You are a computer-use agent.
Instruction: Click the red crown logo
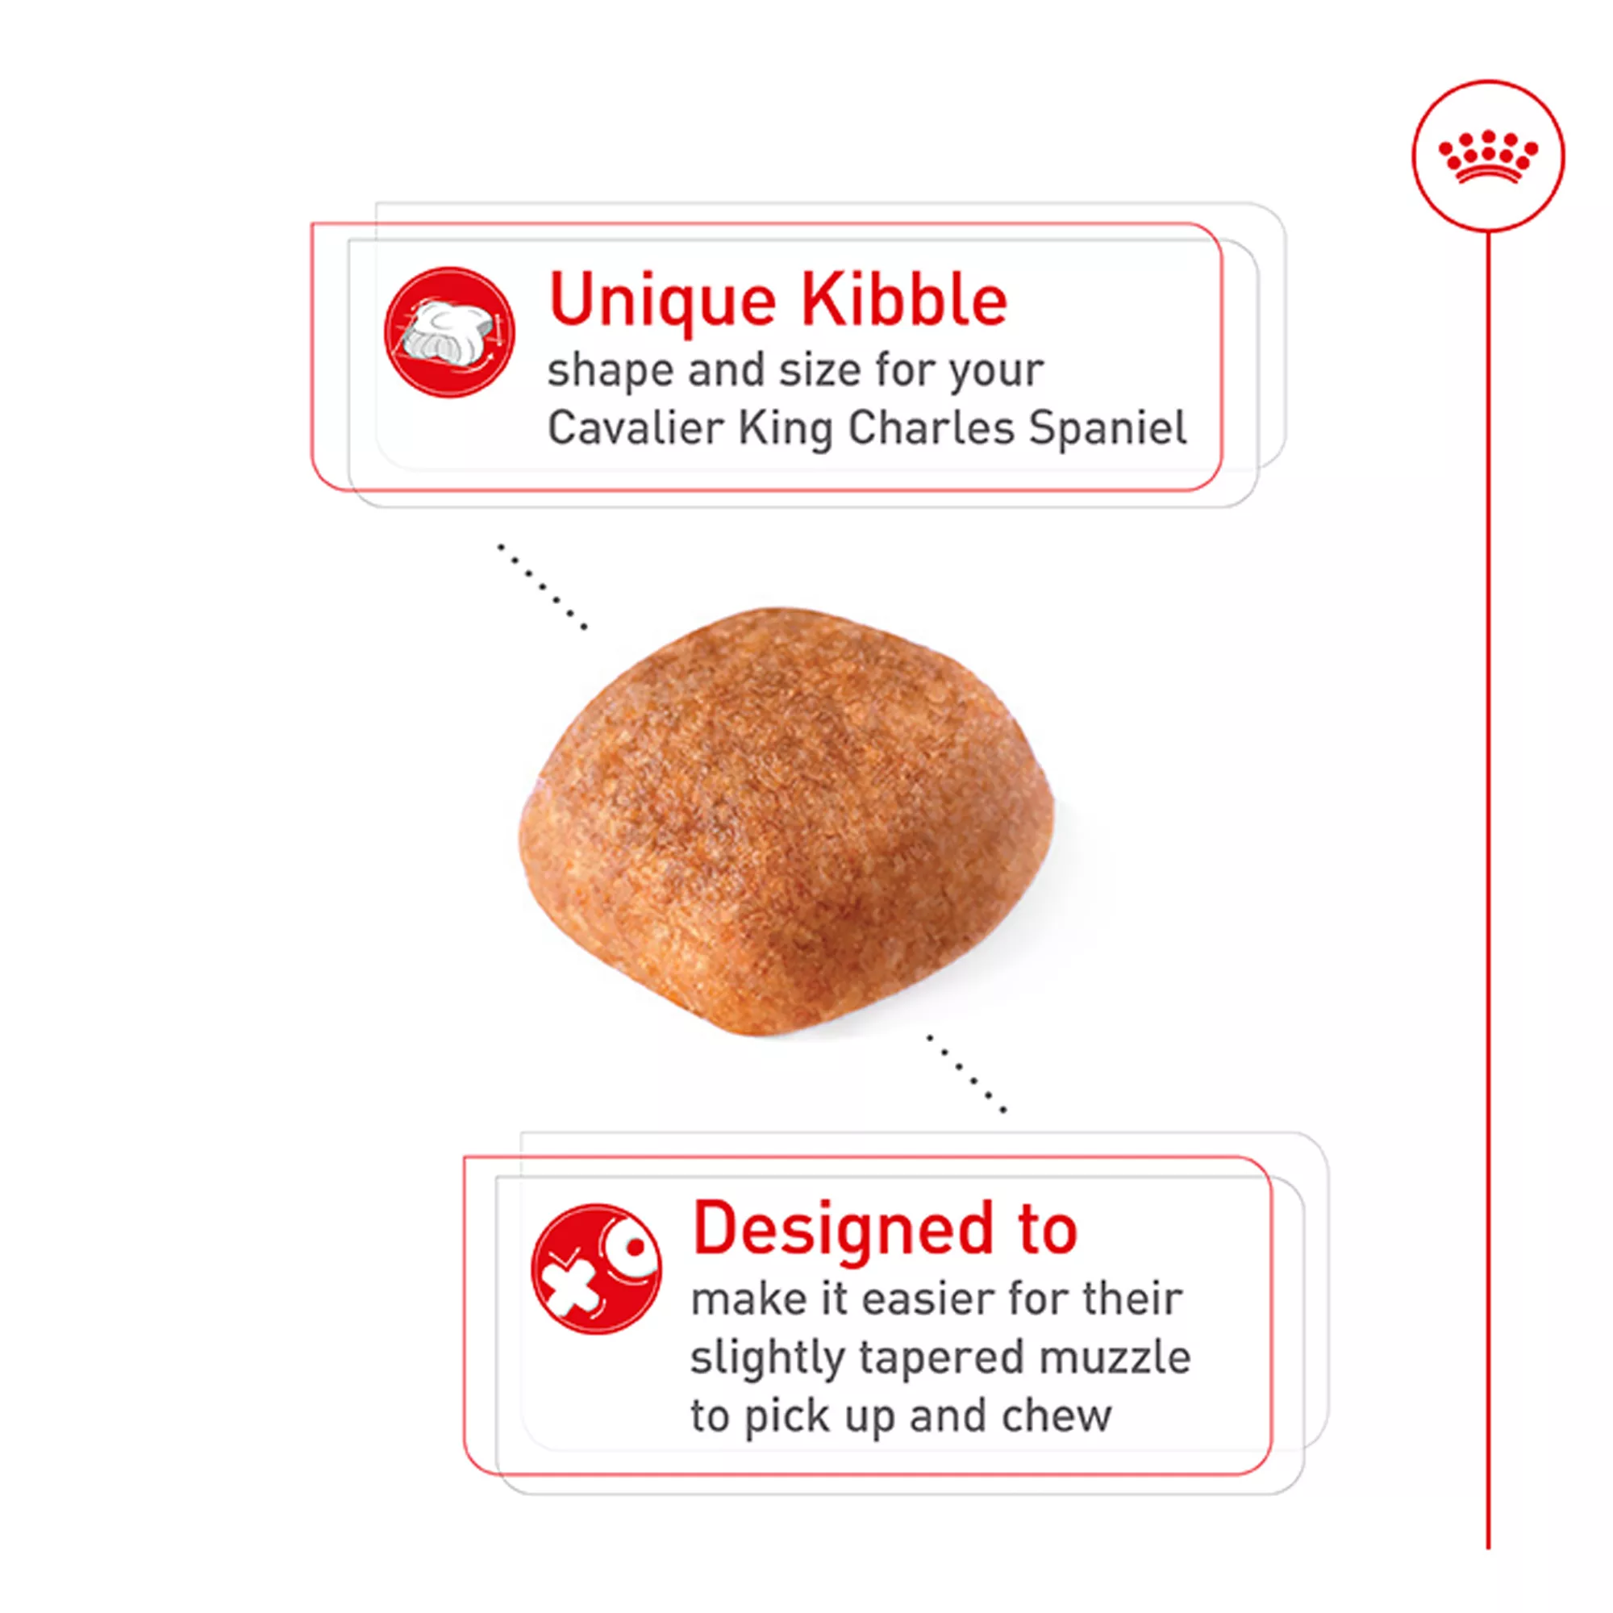click(x=1488, y=156)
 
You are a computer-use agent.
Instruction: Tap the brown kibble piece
click(x=786, y=822)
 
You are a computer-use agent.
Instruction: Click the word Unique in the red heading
click(x=662, y=302)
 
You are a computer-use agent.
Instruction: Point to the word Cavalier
click(x=636, y=428)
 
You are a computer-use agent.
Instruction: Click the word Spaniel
click(x=1107, y=428)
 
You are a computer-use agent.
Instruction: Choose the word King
click(x=786, y=430)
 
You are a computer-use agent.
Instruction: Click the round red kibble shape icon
click(x=449, y=332)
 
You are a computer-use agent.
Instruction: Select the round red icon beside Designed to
click(x=596, y=1268)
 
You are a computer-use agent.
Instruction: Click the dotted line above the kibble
click(x=543, y=586)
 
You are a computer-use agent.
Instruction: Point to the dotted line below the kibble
click(x=967, y=1074)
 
